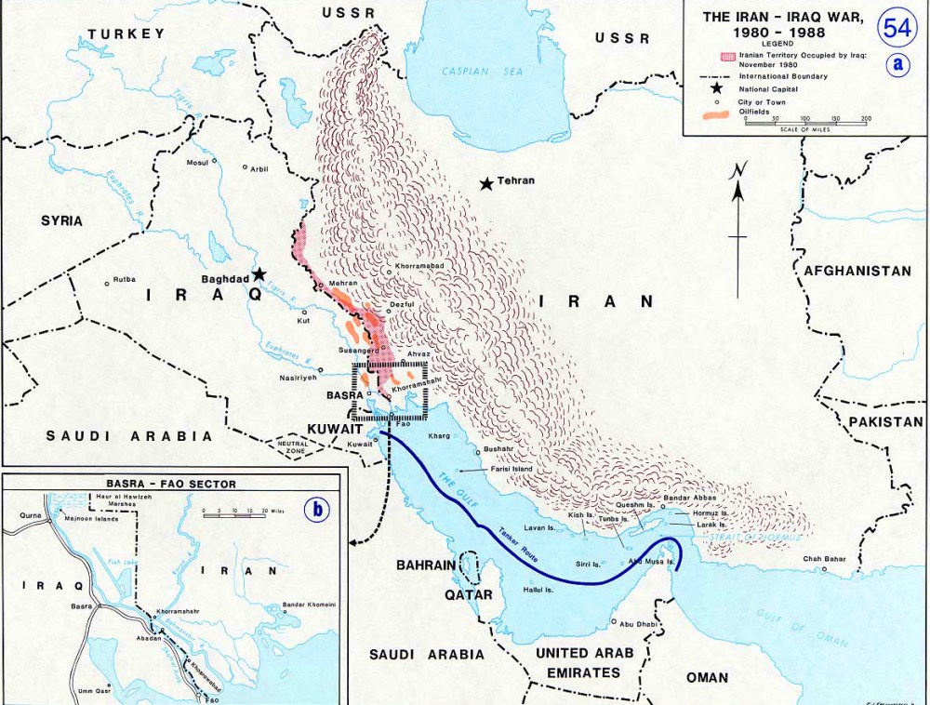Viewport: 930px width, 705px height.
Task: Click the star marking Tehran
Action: (x=485, y=184)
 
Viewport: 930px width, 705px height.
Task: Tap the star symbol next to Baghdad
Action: (x=259, y=274)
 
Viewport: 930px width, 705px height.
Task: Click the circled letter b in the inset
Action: (x=318, y=509)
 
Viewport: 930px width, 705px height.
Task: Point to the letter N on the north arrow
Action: (x=737, y=170)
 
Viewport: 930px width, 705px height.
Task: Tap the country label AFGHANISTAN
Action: (x=857, y=271)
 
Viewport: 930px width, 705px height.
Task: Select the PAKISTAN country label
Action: (x=885, y=421)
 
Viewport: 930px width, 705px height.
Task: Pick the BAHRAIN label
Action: (x=427, y=565)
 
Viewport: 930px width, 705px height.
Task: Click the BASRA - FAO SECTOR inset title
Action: (x=172, y=484)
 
